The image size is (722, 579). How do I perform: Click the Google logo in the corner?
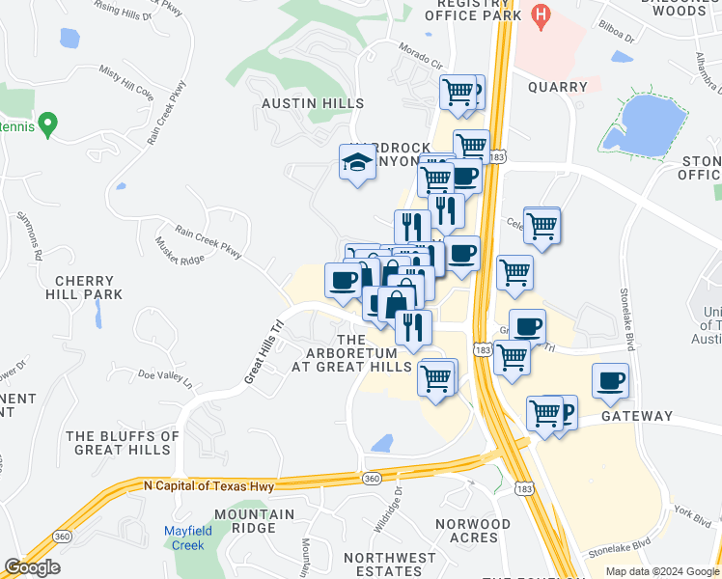pyautogui.click(x=32, y=567)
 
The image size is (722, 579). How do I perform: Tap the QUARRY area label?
pyautogui.click(x=558, y=87)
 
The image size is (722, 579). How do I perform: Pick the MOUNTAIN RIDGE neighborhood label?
pyautogui.click(x=255, y=521)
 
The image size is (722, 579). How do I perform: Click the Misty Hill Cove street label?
pyautogui.click(x=125, y=92)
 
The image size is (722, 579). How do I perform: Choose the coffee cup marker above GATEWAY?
pyautogui.click(x=610, y=381)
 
